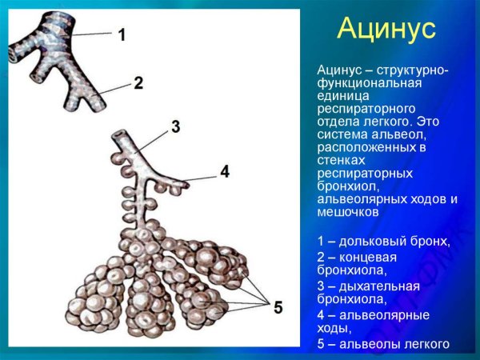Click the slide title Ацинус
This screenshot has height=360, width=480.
click(386, 30)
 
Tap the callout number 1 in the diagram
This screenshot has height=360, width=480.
click(122, 34)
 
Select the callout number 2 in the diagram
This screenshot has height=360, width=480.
click(138, 82)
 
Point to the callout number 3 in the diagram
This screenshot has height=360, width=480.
click(175, 126)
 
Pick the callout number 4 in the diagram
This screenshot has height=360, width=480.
click(225, 171)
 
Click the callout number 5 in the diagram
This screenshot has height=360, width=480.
click(278, 307)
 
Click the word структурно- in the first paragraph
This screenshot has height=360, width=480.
click(409, 71)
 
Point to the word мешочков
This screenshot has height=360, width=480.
click(349, 212)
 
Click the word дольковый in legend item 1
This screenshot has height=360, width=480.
click(372, 241)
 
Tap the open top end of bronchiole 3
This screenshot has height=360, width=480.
click(119, 135)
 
